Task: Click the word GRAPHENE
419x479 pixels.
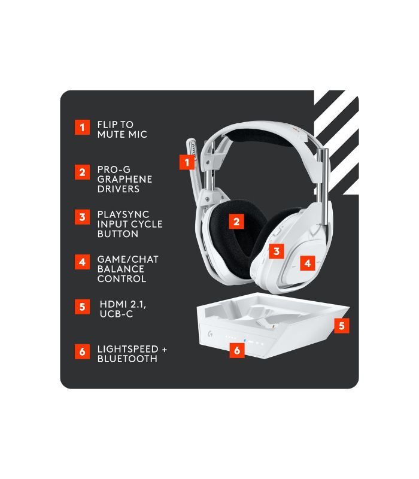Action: (125, 179)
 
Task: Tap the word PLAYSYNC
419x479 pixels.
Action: (123, 214)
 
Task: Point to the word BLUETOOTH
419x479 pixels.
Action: (127, 359)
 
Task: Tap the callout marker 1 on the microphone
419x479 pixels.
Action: (187, 162)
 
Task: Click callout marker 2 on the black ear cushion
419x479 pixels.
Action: (237, 222)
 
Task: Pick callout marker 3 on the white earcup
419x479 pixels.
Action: (275, 251)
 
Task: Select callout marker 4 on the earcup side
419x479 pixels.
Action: (308, 262)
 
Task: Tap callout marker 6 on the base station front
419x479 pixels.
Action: (237, 350)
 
